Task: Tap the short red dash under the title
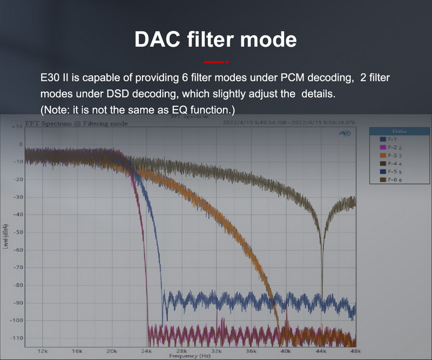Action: point(216,63)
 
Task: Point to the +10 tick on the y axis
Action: point(16,126)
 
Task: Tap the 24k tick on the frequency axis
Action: point(146,351)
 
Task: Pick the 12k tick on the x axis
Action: point(43,351)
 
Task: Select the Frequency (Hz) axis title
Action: point(190,356)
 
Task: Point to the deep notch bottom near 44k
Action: point(322,291)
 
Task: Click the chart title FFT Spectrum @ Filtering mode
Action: point(76,124)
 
